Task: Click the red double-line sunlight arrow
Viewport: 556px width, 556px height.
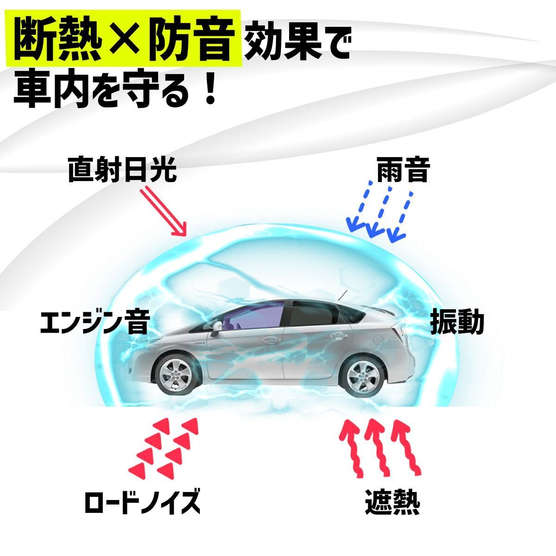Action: (x=163, y=211)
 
